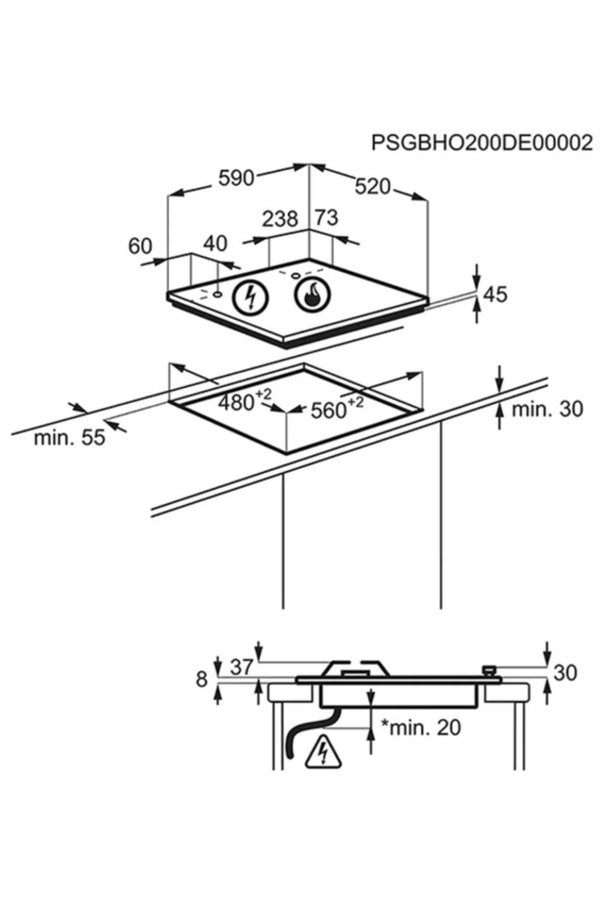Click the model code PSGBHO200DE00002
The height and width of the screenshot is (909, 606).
482,143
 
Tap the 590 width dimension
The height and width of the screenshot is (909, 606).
236,178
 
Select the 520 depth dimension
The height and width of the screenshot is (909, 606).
373,187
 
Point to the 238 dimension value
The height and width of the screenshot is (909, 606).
280,219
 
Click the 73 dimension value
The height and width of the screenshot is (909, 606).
326,218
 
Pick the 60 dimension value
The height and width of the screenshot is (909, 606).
140,246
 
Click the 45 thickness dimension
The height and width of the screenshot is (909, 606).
495,294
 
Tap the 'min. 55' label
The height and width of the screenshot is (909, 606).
69,437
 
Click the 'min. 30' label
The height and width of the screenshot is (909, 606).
547,409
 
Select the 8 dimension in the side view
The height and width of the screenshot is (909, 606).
201,679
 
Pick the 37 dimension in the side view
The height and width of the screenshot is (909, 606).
241,667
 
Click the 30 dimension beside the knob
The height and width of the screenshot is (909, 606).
565,673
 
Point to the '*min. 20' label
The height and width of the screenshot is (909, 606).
420,727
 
